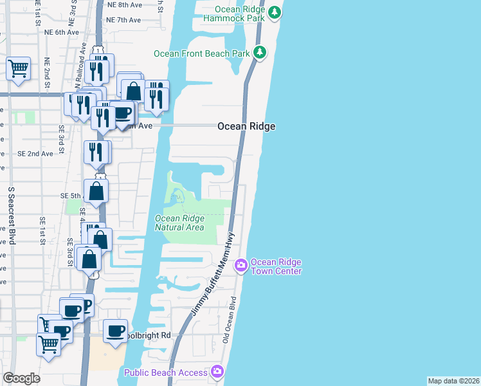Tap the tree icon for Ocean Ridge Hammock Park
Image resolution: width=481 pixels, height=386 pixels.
point(275,12)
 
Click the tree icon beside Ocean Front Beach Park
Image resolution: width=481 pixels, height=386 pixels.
point(259,53)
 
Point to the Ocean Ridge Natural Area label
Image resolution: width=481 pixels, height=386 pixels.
point(180,223)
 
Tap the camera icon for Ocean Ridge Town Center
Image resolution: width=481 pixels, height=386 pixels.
point(241,264)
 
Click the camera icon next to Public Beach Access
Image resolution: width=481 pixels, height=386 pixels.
point(217,371)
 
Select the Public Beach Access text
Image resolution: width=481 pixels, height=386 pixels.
point(166,372)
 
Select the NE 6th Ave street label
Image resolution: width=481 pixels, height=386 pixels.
point(62,32)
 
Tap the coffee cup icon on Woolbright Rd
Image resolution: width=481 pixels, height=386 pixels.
point(115,331)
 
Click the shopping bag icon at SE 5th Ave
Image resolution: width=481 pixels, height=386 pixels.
point(96,190)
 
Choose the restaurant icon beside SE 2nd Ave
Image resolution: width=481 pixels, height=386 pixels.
point(96,152)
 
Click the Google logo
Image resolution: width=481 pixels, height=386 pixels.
point(21,378)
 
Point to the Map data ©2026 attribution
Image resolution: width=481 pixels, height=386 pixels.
point(453,381)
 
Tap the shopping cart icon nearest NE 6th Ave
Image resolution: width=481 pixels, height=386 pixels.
point(18,68)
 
